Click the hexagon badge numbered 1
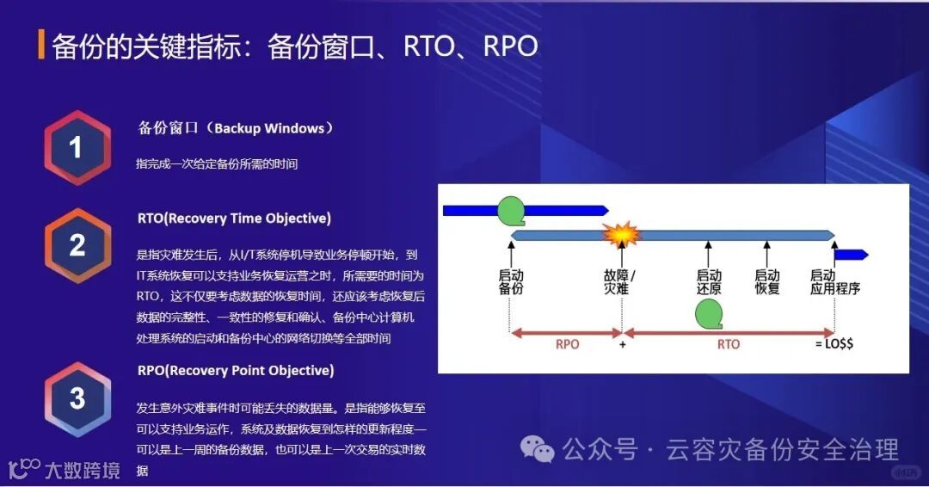77,148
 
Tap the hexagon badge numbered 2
77,245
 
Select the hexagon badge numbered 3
77,398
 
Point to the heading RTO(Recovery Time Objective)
234,219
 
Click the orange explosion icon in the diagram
622,234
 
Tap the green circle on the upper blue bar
511,209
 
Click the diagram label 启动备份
511,282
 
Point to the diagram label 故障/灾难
620,282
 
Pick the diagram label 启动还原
709,282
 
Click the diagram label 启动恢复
766,282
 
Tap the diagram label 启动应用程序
834,282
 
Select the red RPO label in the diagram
568,344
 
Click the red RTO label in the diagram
729,344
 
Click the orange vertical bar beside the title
41,45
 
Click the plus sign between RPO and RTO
622,344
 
